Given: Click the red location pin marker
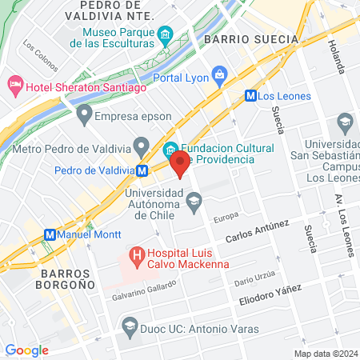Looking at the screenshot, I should [x=181, y=166].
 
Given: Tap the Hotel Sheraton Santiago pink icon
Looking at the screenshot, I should [x=15, y=84].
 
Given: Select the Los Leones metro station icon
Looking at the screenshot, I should [x=250, y=95].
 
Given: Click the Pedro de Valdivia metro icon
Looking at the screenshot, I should [x=142, y=170].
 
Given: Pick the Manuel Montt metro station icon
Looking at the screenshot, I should [x=50, y=235].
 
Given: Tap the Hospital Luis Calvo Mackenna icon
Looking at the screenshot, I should [x=136, y=257].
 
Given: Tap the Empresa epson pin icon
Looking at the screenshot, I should [x=83, y=116].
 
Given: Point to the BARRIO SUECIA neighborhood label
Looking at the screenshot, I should [x=250, y=38].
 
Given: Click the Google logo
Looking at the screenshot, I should [x=27, y=350].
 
